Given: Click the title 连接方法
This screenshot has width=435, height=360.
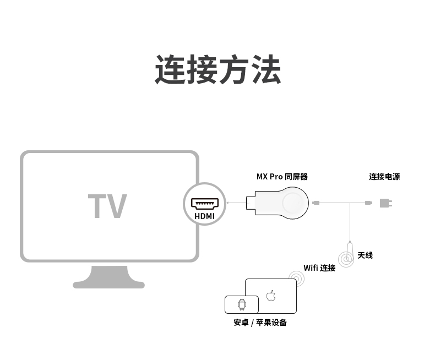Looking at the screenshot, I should click(218, 69).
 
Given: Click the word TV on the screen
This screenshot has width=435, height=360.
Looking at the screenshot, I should click(107, 206).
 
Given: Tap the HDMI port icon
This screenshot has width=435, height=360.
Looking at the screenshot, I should click(205, 203).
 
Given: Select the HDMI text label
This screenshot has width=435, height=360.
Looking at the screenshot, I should click(205, 216).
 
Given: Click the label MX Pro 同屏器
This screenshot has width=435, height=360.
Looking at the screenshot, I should click(282, 177).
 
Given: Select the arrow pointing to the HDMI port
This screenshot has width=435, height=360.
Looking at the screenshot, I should click(234, 203).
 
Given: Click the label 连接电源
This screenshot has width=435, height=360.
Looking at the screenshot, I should click(384, 177).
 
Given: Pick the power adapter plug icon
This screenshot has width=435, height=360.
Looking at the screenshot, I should click(387, 203).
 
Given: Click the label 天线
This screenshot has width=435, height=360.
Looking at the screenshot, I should click(365, 255).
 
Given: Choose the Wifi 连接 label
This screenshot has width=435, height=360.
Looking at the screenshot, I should click(319, 268).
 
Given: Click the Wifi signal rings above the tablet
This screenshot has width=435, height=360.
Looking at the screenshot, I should click(297, 278).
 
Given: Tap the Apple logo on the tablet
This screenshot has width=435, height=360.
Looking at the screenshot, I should click(271, 296).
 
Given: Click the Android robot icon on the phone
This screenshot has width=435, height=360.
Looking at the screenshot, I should click(241, 304).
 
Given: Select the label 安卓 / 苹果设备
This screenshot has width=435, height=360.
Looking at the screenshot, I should click(260, 323).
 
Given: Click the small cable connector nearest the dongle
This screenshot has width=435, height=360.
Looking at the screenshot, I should click(316, 203).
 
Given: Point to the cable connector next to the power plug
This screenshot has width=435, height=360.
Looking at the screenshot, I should click(368, 203).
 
